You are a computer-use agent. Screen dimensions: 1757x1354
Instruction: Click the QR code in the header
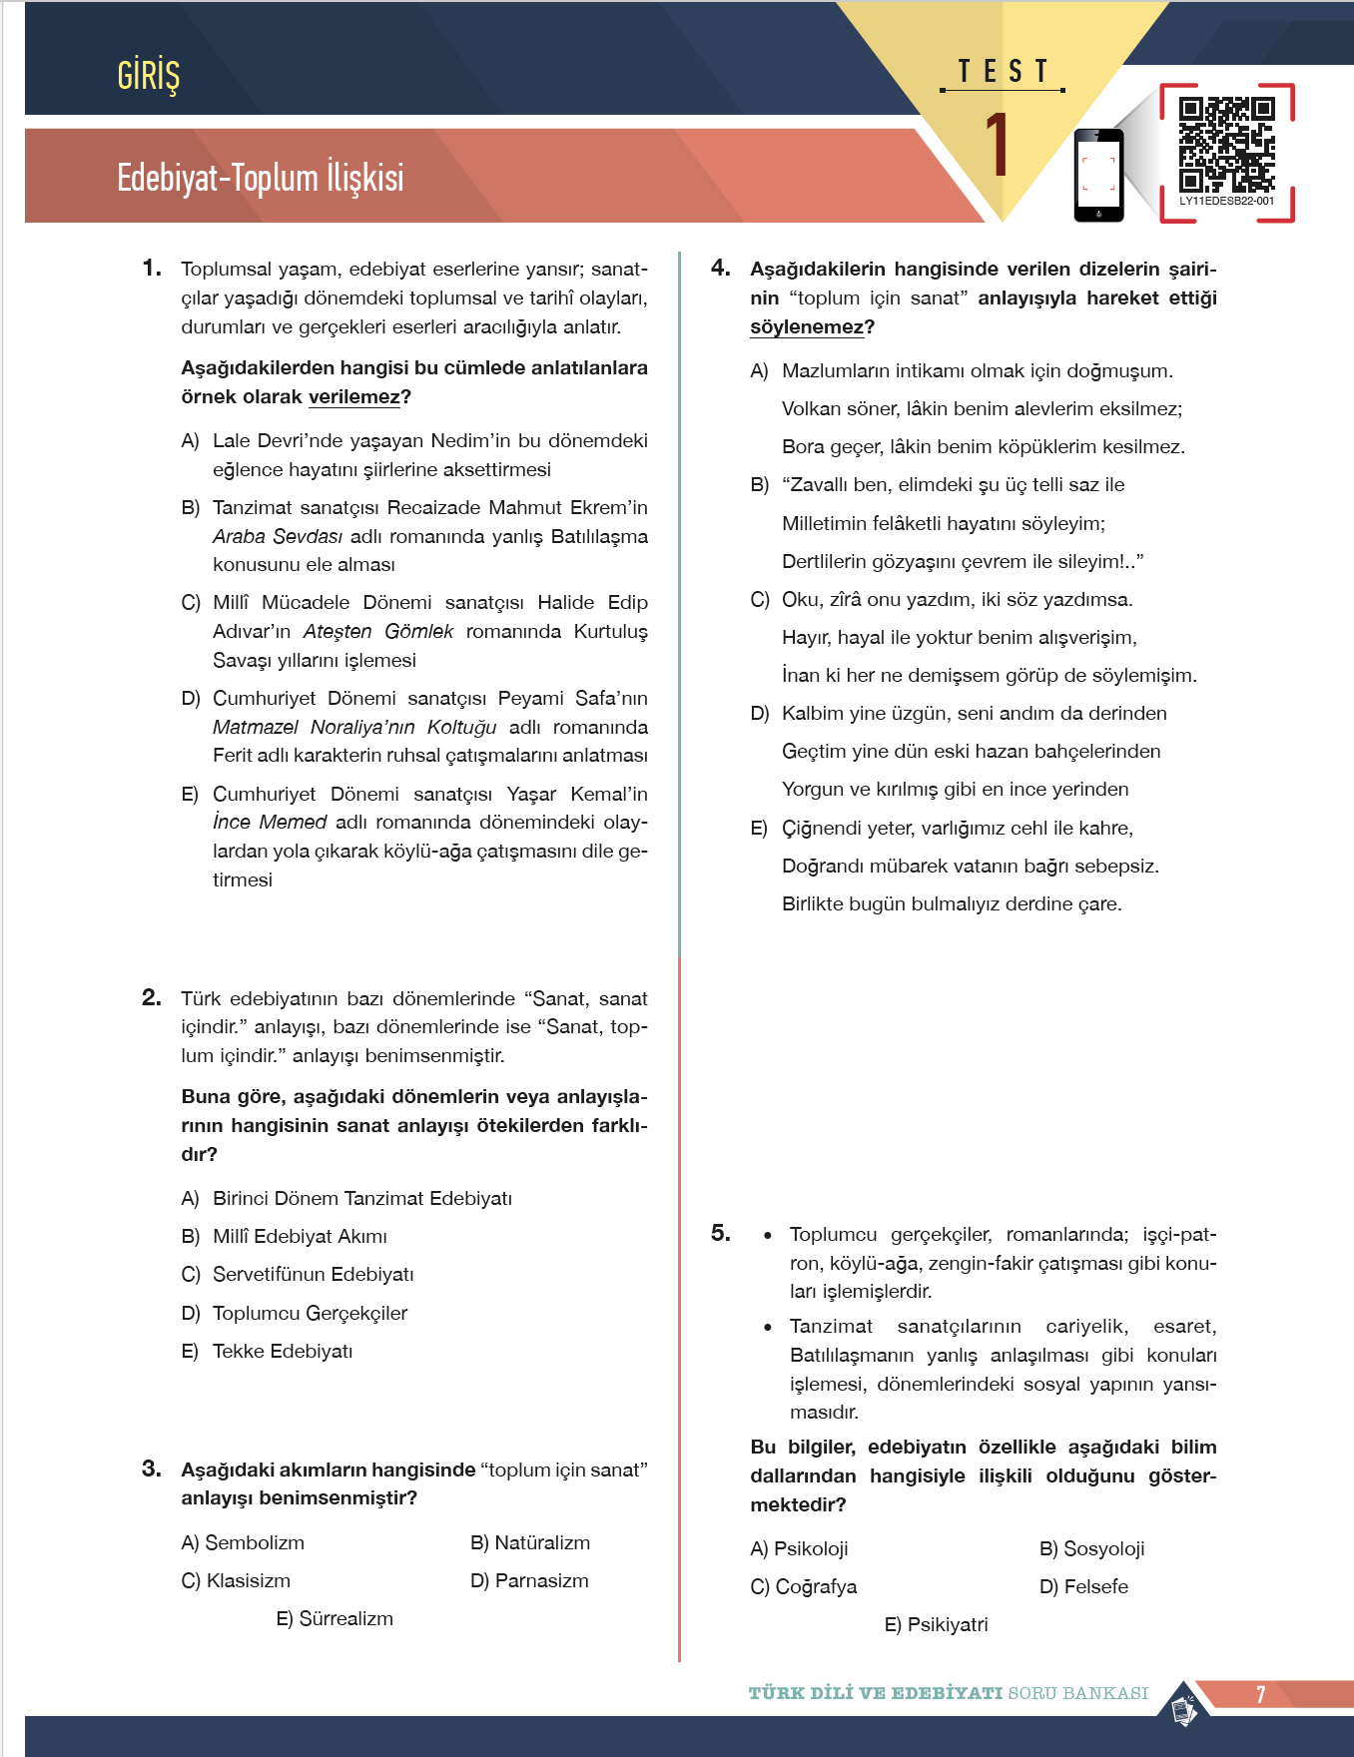[1226, 144]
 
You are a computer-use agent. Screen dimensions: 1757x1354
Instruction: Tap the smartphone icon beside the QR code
[1098, 175]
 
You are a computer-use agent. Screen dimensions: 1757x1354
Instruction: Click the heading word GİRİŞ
[148, 76]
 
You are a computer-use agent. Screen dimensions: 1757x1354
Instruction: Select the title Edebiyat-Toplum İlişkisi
[260, 178]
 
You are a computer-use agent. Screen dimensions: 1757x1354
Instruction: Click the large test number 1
[998, 146]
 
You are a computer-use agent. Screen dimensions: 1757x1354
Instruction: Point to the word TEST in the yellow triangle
[1003, 72]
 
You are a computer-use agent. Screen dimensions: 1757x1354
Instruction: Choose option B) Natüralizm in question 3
[530, 1542]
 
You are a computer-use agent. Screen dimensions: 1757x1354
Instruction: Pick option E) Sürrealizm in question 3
[335, 1618]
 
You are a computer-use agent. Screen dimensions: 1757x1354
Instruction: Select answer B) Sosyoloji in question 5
[1091, 1548]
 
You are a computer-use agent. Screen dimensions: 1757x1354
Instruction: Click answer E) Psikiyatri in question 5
[936, 1624]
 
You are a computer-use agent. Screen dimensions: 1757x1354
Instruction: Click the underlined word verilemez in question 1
[353, 397]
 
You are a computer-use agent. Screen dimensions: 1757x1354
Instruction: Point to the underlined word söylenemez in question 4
[807, 327]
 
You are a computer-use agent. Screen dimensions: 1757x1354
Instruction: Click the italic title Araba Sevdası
[277, 536]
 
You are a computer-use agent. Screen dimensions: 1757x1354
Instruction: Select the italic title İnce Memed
[270, 822]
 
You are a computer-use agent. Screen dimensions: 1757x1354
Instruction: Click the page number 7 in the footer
[1260, 1694]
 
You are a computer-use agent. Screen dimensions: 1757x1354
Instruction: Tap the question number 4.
[720, 268]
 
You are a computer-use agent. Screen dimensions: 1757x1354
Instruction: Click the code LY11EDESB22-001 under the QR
[1226, 201]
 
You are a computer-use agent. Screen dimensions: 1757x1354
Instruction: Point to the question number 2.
[151, 997]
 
